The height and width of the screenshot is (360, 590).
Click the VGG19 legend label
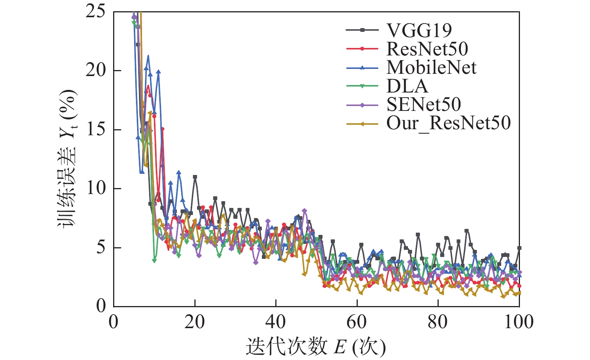[x=419, y=31]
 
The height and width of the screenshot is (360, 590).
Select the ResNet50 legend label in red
[x=427, y=49]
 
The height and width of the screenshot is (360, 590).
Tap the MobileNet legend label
[x=431, y=68]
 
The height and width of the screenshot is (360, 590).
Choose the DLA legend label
[x=407, y=86]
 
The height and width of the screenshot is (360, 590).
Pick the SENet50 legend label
[x=424, y=105]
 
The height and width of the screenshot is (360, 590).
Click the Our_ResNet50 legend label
[x=448, y=123]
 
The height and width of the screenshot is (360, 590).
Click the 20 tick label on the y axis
[x=96, y=70]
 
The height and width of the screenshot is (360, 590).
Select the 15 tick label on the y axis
[x=96, y=130]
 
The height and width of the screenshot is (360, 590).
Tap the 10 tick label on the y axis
[x=96, y=188]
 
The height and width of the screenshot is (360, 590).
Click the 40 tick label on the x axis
[x=276, y=322]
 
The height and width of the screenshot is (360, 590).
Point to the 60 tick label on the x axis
[x=357, y=322]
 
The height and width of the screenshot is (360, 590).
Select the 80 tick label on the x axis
[x=438, y=322]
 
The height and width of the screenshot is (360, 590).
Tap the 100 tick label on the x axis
[x=519, y=322]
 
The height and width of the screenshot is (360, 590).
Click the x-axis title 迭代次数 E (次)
[x=315, y=347]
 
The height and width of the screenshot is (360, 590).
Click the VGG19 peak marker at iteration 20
[x=195, y=177]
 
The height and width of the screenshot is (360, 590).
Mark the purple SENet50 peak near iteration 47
[x=304, y=211]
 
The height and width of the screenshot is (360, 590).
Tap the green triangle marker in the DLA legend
[x=362, y=86]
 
